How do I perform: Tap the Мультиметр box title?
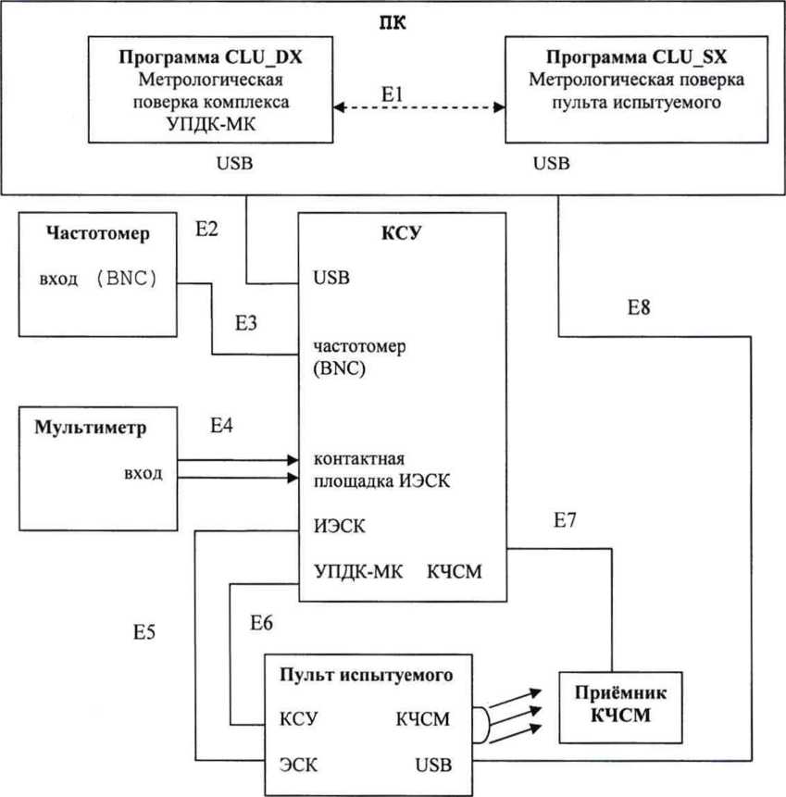point(91,428)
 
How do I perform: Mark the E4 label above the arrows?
point(222,427)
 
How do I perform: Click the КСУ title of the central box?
point(402,232)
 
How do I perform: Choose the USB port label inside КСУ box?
point(331,277)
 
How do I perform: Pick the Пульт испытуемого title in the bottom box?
point(366,674)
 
